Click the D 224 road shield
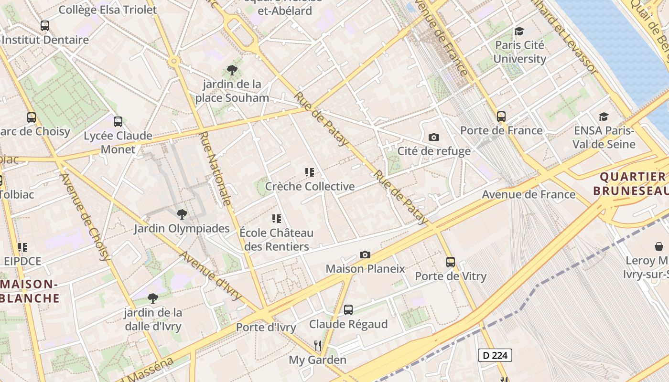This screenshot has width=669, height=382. pos(495,355)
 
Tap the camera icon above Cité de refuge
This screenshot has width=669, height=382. pos(434,138)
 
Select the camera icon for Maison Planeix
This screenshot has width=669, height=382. pos(365,255)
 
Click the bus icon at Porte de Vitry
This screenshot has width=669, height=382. pos(451,262)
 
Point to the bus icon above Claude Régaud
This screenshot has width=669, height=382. pos(348,310)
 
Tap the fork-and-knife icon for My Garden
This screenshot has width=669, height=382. pos(317,345)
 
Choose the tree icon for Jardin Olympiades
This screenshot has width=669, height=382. pos(182,214)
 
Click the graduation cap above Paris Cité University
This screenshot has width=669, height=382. pos(519,32)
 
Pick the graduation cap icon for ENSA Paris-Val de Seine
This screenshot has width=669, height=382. pos(604,117)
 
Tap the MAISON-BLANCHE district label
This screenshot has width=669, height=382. pos(30,291)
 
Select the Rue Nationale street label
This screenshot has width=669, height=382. pos(216,169)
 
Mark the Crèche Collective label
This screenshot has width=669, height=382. pos(310,186)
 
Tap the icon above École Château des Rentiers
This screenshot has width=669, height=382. pos(277,219)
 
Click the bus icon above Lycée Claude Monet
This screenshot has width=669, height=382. pos(118,122)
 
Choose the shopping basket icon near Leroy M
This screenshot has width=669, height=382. pos(659,247)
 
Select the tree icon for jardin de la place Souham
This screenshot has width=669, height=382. pos(232,71)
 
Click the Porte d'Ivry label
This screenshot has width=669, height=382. pos(266,328)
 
